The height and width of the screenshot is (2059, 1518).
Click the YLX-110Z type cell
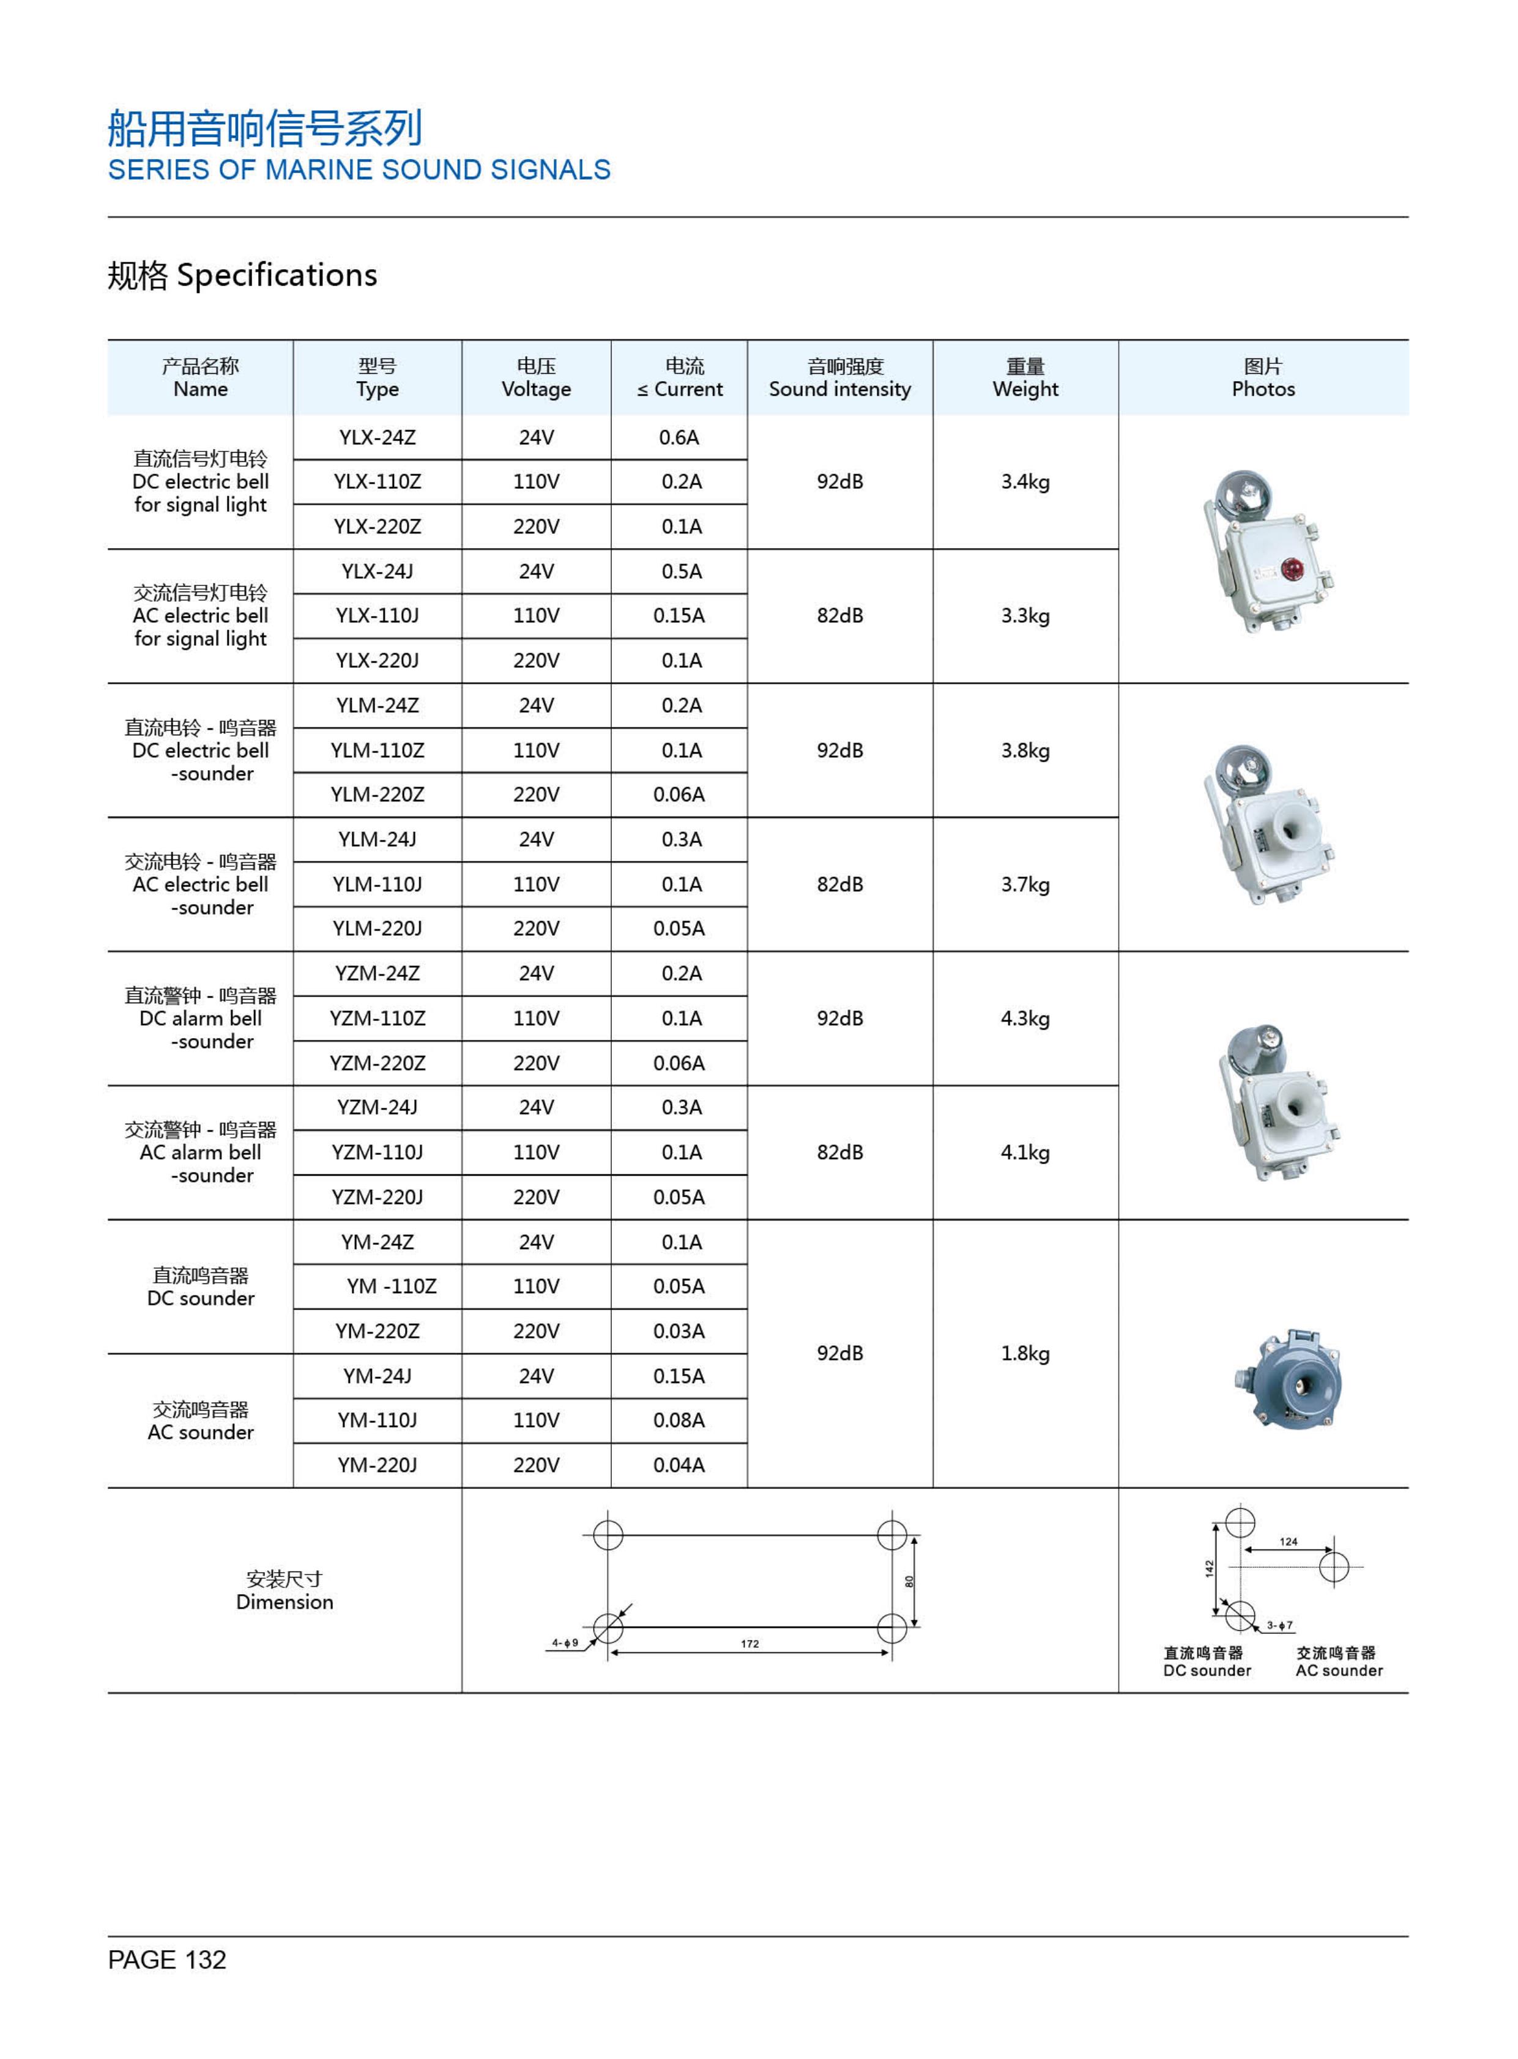tap(377, 481)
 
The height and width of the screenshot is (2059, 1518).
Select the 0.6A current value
tap(679, 437)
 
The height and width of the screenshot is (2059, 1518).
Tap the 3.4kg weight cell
tap(1025, 481)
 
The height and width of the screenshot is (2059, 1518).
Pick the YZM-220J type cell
tap(377, 1197)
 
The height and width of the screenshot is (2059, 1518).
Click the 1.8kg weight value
tap(1025, 1353)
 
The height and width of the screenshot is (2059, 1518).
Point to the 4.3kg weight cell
tap(1025, 1018)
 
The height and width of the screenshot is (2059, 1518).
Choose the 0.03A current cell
tap(679, 1331)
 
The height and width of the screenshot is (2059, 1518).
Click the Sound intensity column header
tap(840, 377)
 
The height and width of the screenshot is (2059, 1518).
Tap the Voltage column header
tap(536, 377)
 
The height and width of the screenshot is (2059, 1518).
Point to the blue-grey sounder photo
tap(1287, 1378)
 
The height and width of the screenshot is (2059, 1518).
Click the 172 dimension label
tap(750, 1644)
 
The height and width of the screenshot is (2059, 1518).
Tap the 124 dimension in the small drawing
tap(1289, 1541)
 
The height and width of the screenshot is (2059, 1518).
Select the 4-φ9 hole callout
tap(565, 1643)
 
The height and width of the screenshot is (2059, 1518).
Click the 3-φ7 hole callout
tap(1279, 1625)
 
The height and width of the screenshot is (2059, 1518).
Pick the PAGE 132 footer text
tap(167, 1961)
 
